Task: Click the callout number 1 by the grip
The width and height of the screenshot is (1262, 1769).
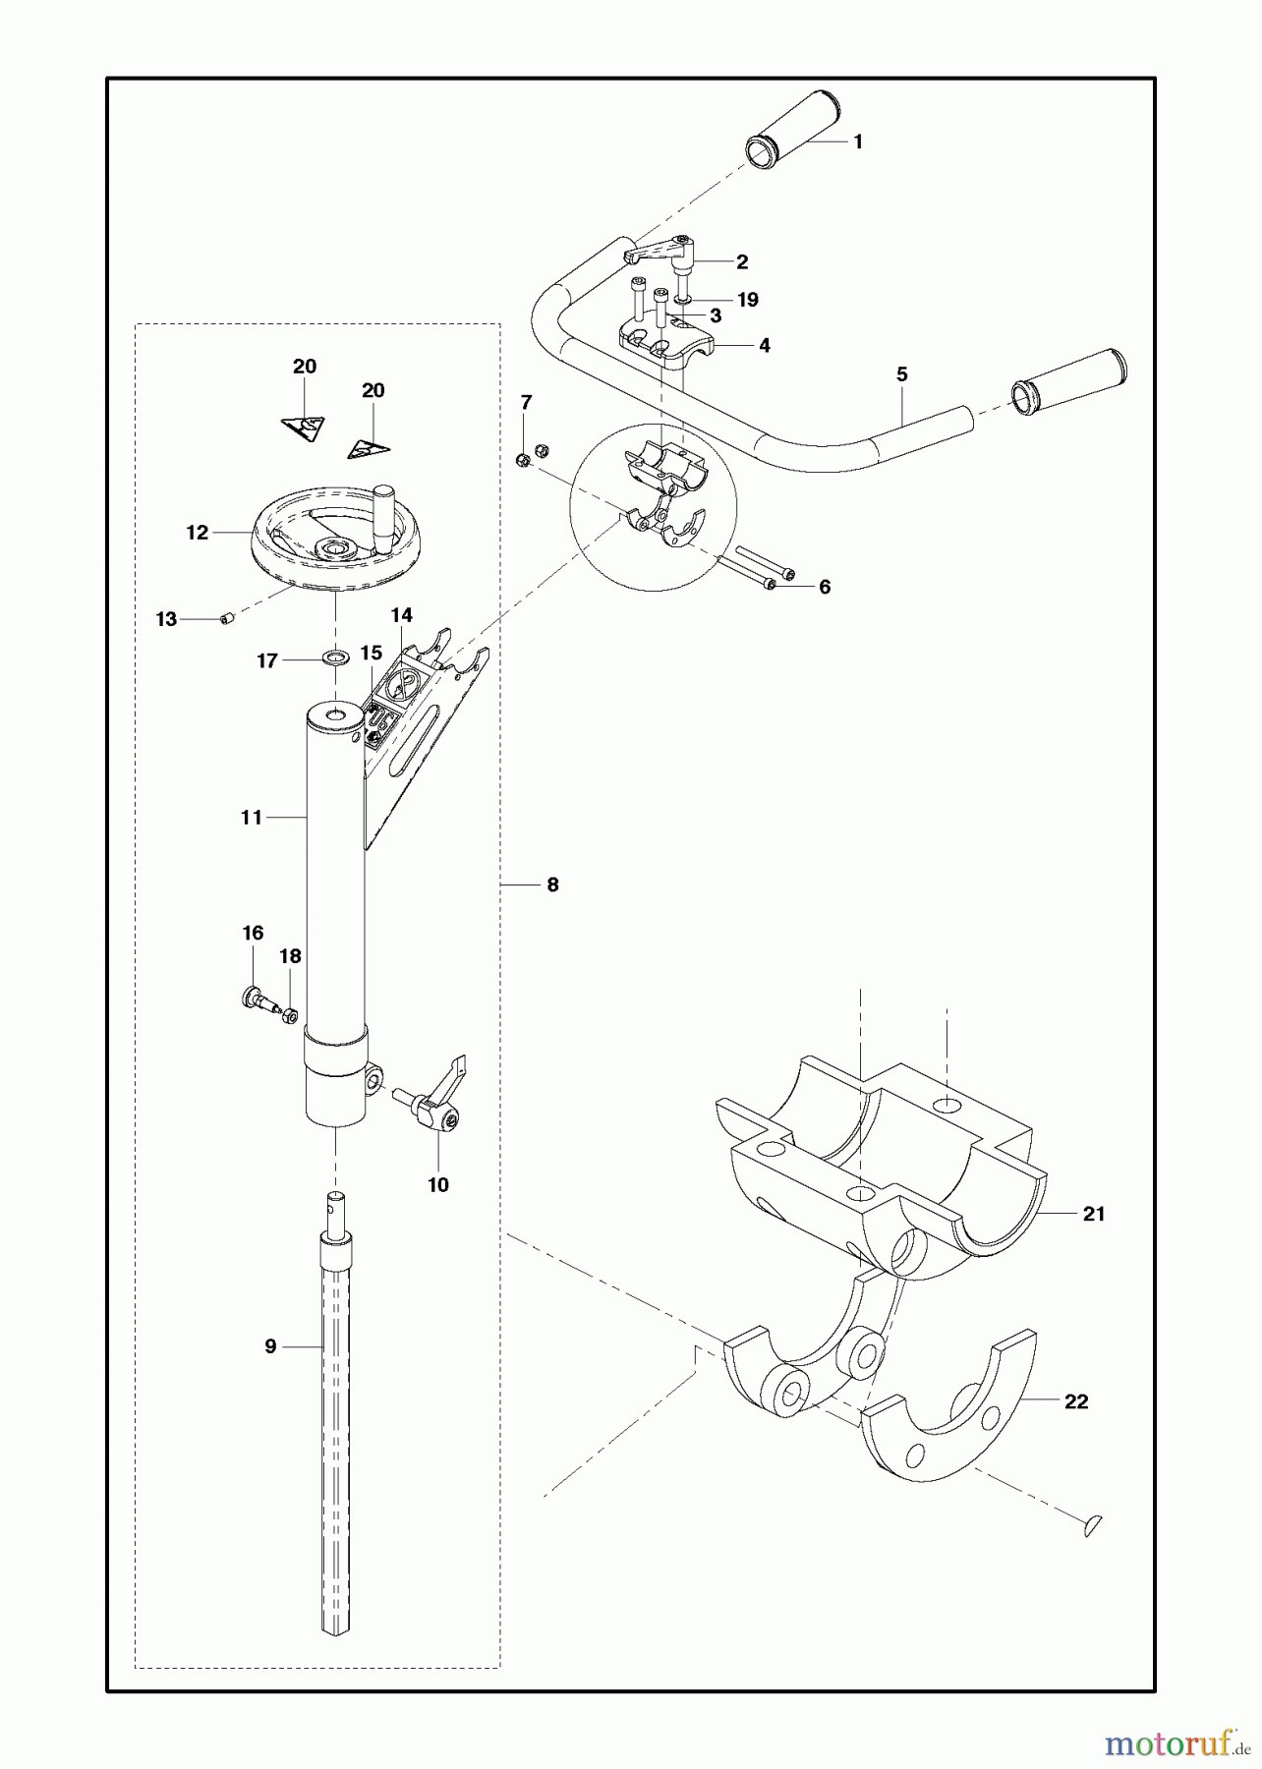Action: [x=857, y=142]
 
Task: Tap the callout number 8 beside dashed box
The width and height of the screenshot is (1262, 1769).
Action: [x=552, y=884]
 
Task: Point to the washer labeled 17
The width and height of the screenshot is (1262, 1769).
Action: [x=336, y=656]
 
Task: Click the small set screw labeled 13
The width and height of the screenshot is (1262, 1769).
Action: [x=227, y=618]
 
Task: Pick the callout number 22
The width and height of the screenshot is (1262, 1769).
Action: [x=1076, y=1401]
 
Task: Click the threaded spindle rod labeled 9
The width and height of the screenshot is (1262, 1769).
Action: [x=334, y=1425]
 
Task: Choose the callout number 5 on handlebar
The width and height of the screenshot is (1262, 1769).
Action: [x=901, y=374]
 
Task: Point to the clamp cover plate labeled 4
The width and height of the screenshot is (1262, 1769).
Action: [x=668, y=344]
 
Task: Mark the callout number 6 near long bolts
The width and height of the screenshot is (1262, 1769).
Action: [x=824, y=587]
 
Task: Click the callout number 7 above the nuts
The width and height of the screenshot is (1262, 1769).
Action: [x=526, y=402]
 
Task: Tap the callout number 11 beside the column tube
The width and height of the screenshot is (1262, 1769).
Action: [x=252, y=817]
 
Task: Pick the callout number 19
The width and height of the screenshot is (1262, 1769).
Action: [x=747, y=300]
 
